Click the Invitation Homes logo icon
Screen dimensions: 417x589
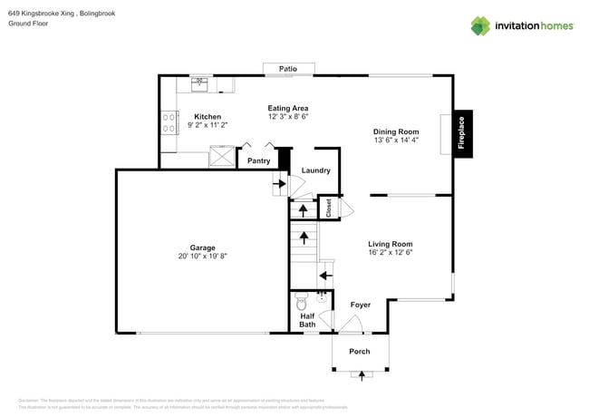coord(481,25)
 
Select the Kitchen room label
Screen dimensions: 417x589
coord(208,116)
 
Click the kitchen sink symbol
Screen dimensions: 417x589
coord(199,84)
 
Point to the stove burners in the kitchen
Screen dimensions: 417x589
coord(169,122)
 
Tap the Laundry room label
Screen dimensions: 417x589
coord(315,170)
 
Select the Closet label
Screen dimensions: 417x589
coord(329,208)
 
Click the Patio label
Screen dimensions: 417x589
coord(288,68)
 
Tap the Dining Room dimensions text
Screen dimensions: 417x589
coord(396,141)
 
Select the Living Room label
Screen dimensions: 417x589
coord(390,243)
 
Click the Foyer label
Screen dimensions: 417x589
coord(360,305)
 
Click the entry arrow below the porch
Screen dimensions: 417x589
coord(365,373)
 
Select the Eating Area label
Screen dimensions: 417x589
coord(288,108)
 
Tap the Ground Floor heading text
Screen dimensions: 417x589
coord(27,24)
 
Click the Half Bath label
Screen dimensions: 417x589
coord(307,318)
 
